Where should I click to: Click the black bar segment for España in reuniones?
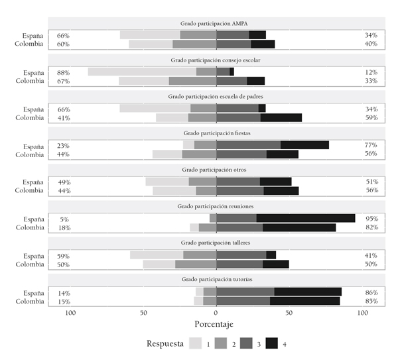[x=305, y=218]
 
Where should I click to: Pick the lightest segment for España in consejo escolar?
[x=142, y=72]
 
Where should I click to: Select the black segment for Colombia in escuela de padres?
[x=281, y=117]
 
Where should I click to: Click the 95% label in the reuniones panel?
[x=371, y=219]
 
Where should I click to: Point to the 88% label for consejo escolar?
[x=64, y=72]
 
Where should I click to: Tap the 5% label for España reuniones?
[x=64, y=219]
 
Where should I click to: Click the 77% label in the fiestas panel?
[x=371, y=146]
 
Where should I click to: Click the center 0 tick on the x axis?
[x=216, y=313]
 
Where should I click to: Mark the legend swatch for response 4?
[x=271, y=343]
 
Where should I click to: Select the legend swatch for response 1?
[x=195, y=343]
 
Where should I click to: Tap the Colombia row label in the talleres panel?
[x=29, y=264]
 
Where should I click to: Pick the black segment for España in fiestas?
[x=304, y=145]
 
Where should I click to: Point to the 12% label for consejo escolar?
[x=371, y=72]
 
